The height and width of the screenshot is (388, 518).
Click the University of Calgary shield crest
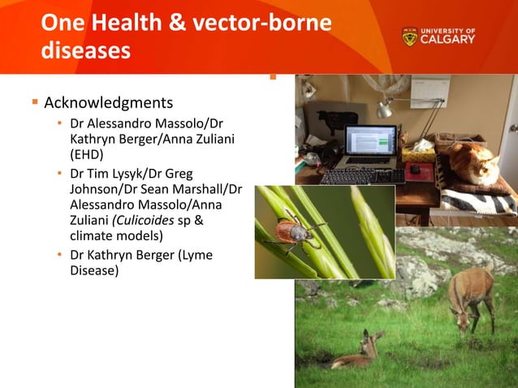[x=410, y=37]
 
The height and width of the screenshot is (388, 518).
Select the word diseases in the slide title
[x=85, y=50]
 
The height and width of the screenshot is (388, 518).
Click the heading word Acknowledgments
[x=108, y=103]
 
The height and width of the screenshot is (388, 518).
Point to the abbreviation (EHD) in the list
[x=87, y=153]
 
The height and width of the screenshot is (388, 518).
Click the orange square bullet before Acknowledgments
[x=34, y=103]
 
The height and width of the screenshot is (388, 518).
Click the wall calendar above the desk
[x=430, y=91]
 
